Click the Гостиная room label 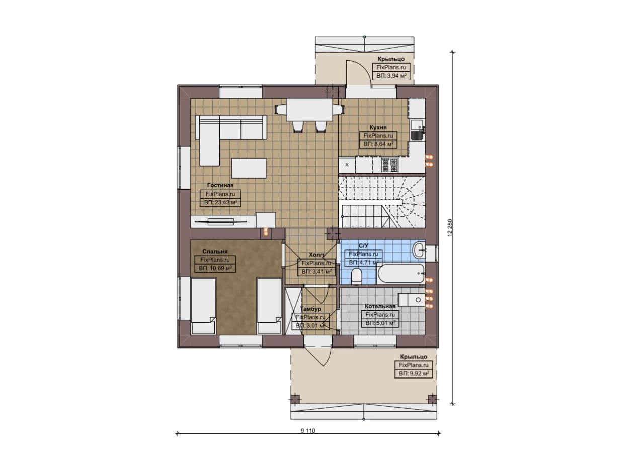(x=220, y=185)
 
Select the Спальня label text (x=215, y=251)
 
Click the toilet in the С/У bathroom (x=357, y=276)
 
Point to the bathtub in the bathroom (x=401, y=274)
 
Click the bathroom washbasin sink (x=419, y=250)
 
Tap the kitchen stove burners (x=389, y=165)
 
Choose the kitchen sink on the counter (x=418, y=130)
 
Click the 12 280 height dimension (x=450, y=228)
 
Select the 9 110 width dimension (x=308, y=431)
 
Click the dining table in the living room (x=309, y=110)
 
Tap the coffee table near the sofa (x=249, y=168)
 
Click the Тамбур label (x=310, y=309)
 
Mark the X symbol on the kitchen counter (x=347, y=165)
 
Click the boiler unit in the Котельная (x=412, y=300)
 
